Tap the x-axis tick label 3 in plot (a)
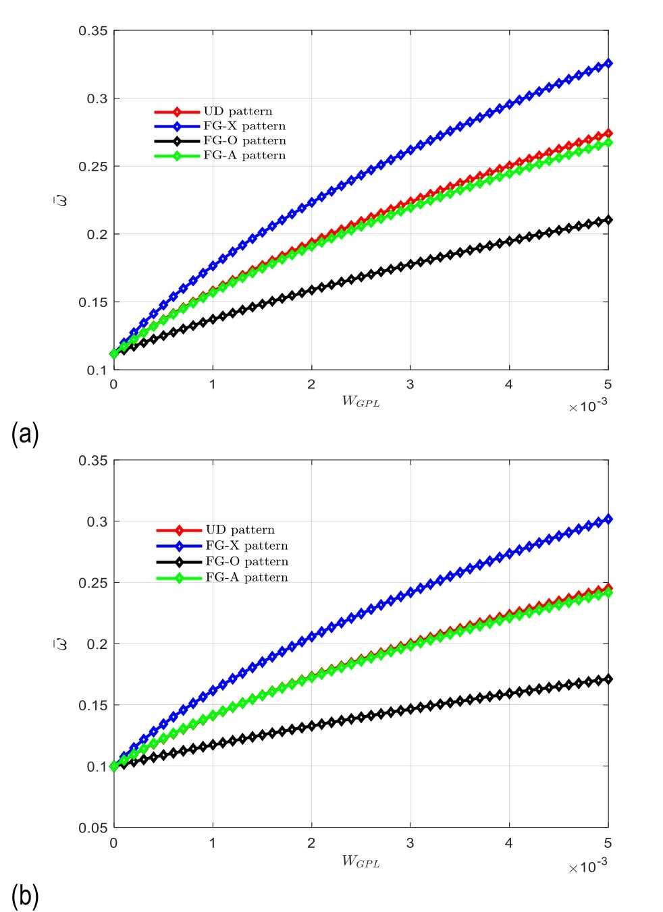tap(410, 383)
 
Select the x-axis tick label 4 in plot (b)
tap(509, 843)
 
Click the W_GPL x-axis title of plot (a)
tap(361, 402)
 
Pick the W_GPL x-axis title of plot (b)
tap(361, 861)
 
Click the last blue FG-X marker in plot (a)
tap(608, 63)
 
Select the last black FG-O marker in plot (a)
tap(608, 220)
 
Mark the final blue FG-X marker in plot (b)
tap(608, 519)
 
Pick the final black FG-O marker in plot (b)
tap(608, 679)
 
